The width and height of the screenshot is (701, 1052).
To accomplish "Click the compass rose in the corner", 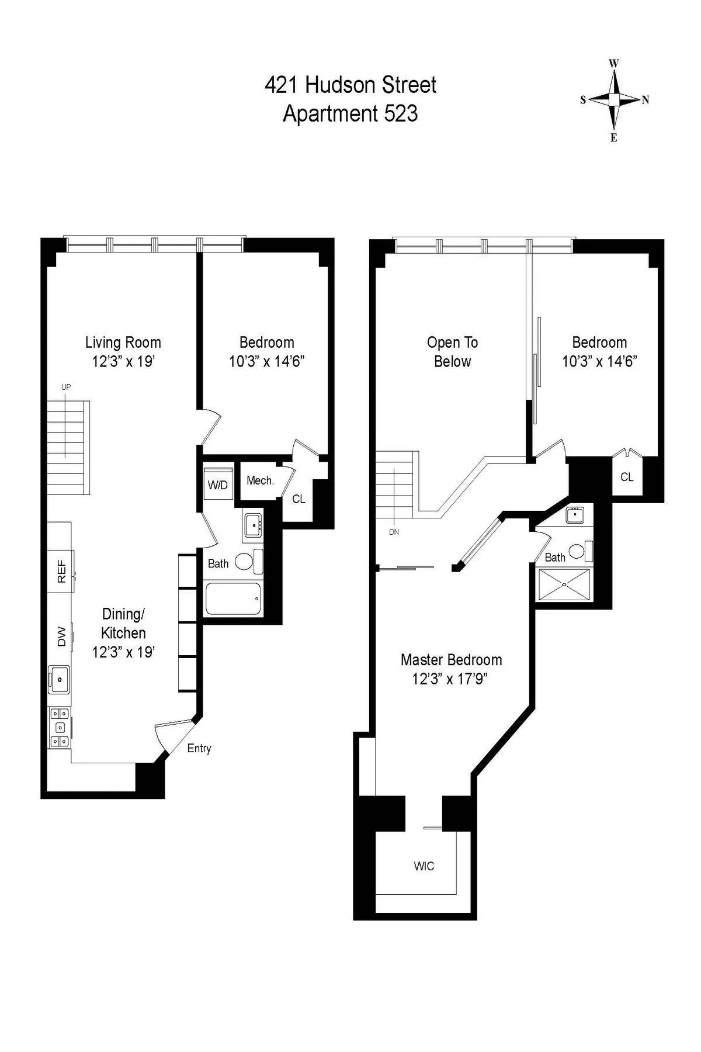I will pyautogui.click(x=614, y=100).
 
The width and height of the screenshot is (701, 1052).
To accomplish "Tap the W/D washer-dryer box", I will pyautogui.click(x=218, y=485).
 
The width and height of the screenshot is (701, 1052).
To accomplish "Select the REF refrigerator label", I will pyautogui.click(x=61, y=572).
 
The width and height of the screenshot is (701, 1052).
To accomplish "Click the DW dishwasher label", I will pyautogui.click(x=61, y=639).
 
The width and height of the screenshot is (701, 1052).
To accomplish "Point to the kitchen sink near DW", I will pyautogui.click(x=59, y=679).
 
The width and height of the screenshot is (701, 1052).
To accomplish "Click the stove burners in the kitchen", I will pyautogui.click(x=59, y=727).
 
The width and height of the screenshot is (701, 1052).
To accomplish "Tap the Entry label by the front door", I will pyautogui.click(x=199, y=748).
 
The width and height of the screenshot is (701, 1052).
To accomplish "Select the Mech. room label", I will pyautogui.click(x=260, y=480).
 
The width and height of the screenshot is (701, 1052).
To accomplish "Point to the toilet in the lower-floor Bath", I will pyautogui.click(x=244, y=562).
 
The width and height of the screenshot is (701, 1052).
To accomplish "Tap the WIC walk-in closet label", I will pyautogui.click(x=424, y=866).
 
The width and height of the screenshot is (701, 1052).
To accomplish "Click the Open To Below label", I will pyautogui.click(x=452, y=352).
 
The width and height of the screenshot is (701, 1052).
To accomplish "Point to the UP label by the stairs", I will pyautogui.click(x=66, y=387).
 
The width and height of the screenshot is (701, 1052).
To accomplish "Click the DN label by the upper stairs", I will pyautogui.click(x=394, y=532).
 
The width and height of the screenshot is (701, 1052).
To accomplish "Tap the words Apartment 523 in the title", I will pyautogui.click(x=350, y=113).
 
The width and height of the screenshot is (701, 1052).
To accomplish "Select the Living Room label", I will pyautogui.click(x=123, y=342).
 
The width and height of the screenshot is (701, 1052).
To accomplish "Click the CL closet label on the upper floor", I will pyautogui.click(x=627, y=477).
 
